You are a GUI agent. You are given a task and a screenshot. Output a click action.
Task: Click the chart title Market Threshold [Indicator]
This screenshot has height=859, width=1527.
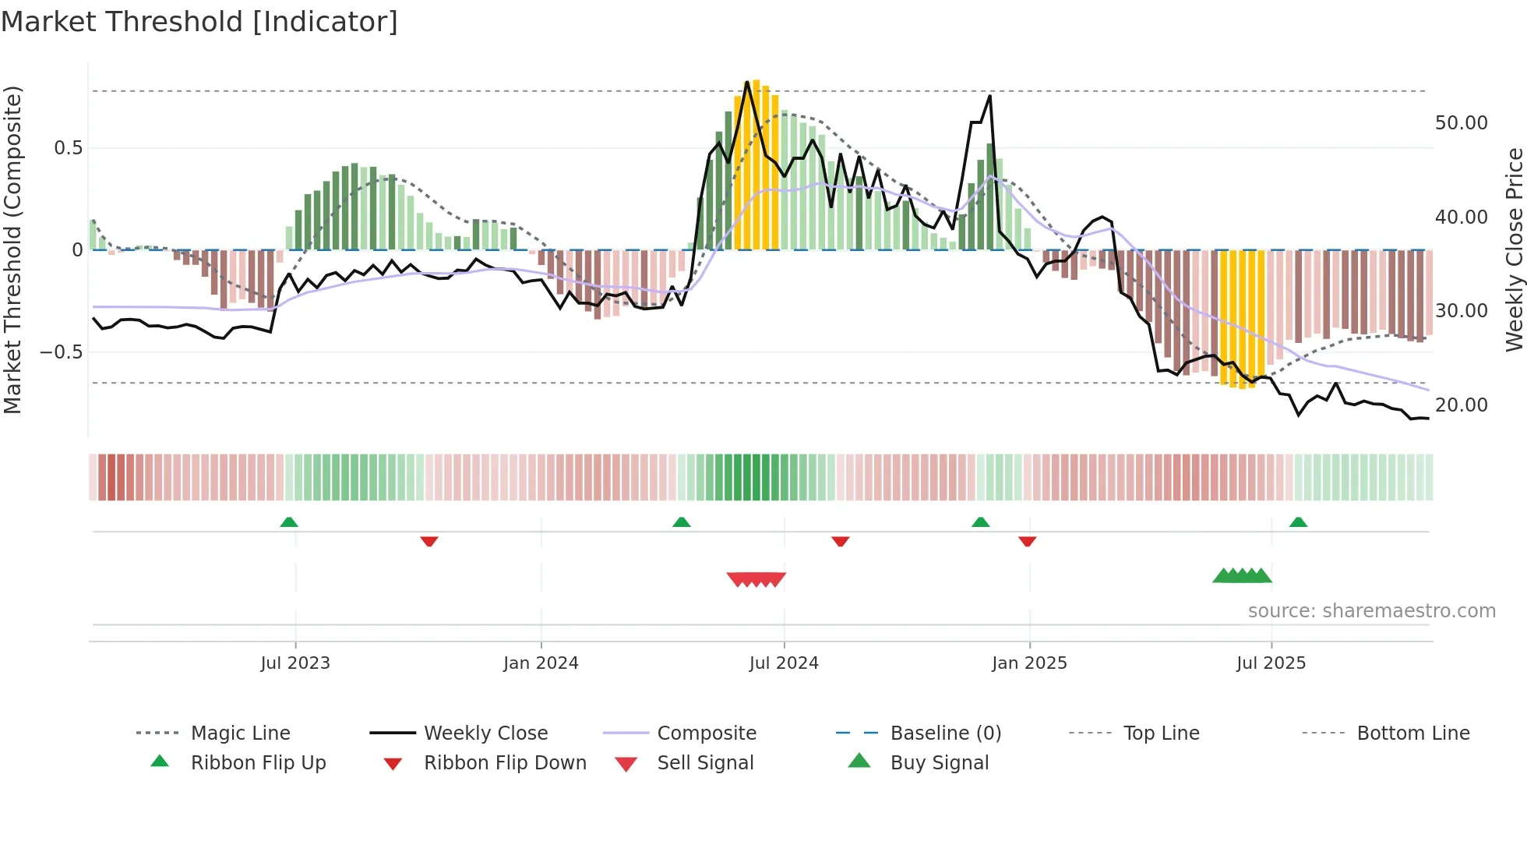coord(199,22)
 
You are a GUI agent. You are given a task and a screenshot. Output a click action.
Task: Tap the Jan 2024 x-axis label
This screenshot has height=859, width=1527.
coord(541,663)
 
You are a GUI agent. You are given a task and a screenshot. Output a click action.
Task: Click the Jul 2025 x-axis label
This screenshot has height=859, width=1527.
coord(1271,663)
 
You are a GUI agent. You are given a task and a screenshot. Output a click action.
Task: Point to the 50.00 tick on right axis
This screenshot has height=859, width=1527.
coord(1461,123)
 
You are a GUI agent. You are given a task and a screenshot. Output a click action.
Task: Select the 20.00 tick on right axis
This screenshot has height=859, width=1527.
coord(1461,405)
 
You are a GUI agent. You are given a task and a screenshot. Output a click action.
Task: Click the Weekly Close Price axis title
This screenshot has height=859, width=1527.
coord(1514,249)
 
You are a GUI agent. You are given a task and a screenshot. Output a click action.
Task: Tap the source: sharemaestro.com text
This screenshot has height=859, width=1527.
coord(1371,611)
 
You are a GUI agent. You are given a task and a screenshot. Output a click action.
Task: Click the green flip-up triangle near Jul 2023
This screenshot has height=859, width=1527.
coord(289,522)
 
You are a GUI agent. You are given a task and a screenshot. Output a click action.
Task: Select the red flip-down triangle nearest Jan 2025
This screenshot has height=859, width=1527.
coord(1027,541)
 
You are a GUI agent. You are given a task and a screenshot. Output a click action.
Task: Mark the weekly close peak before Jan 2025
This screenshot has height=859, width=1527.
coord(989,96)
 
